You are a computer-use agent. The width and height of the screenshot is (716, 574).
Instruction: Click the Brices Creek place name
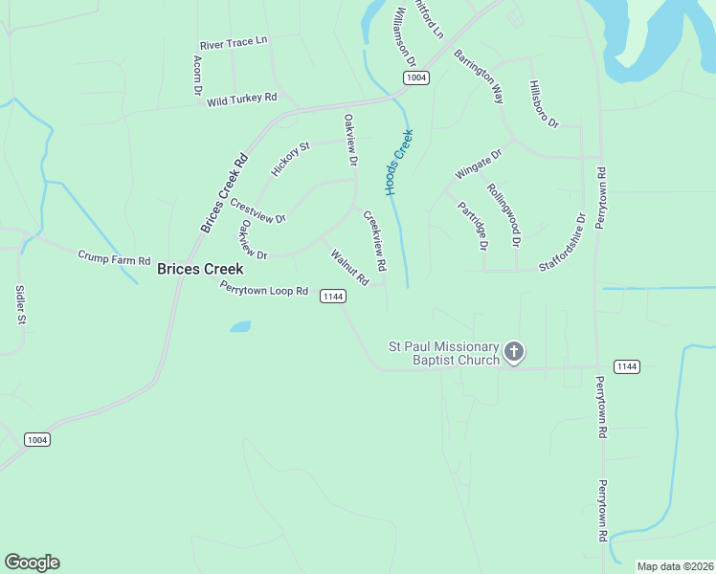click(x=200, y=270)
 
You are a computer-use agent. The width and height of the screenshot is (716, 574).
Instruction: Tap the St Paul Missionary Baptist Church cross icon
click(x=514, y=353)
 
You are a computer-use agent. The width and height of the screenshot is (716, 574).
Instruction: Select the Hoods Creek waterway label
click(x=399, y=163)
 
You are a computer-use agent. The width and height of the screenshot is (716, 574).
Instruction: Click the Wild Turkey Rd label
click(x=241, y=99)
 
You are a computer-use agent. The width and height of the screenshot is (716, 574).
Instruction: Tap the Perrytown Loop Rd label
click(x=264, y=289)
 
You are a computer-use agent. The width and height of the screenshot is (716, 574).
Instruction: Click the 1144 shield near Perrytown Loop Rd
click(x=332, y=297)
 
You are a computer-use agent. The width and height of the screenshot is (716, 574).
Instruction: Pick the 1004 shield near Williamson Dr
click(x=414, y=77)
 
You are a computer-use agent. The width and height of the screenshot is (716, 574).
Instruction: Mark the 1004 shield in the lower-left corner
click(x=36, y=439)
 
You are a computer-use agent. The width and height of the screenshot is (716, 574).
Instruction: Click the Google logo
click(x=32, y=563)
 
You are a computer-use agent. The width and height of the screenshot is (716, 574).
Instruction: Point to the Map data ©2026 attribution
click(x=674, y=566)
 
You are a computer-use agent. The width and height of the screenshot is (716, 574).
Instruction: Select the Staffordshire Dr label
click(x=562, y=244)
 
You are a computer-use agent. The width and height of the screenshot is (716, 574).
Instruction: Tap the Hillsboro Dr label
click(x=543, y=104)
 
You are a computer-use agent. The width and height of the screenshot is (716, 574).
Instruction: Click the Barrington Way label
click(x=479, y=76)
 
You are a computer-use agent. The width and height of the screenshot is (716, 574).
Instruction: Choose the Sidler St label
click(x=19, y=304)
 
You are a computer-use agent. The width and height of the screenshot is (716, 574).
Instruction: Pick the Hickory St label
click(x=291, y=160)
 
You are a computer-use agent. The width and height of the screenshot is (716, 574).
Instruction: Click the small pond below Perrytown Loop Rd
click(x=240, y=326)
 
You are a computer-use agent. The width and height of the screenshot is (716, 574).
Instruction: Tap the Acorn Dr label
click(x=198, y=75)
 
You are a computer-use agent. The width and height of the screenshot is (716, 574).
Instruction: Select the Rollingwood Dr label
click(x=503, y=214)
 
